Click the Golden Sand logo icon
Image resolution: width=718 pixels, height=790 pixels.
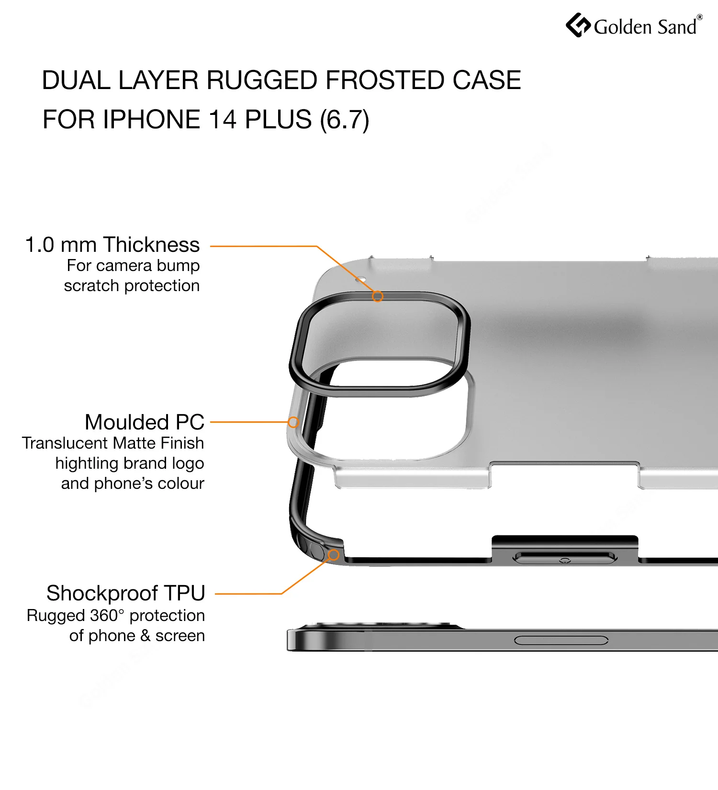[578, 25]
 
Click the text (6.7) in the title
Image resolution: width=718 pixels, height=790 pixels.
[345, 120]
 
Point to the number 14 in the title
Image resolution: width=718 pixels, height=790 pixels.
[223, 119]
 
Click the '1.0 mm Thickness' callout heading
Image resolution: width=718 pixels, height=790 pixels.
[112, 245]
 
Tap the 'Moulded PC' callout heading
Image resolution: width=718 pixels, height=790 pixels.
[145, 422]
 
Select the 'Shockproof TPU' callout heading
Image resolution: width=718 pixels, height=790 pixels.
[126, 593]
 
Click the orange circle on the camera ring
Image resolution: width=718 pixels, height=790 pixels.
[378, 296]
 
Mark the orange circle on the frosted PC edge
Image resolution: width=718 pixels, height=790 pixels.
[293, 422]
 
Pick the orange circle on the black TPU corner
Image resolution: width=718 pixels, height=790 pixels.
[334, 555]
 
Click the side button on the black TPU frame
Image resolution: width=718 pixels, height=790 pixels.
[565, 558]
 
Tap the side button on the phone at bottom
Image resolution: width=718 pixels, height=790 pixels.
[561, 641]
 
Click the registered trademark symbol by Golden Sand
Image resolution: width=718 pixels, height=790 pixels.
[700, 17]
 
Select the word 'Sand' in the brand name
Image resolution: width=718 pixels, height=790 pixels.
[677, 27]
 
